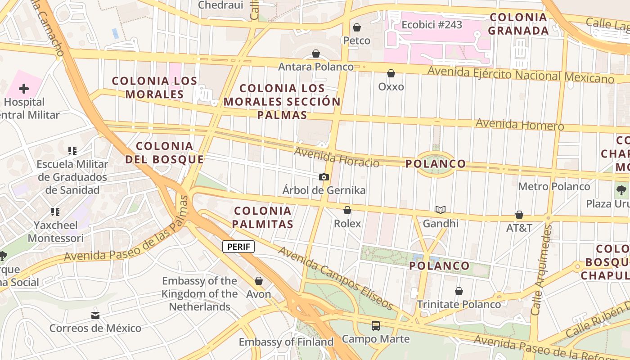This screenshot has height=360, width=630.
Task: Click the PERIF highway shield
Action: [x=238, y=247]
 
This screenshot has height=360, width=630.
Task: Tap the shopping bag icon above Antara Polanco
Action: [x=316, y=54]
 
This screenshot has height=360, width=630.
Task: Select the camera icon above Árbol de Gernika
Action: [x=324, y=177]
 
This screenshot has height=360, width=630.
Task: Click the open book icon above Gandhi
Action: [x=441, y=210]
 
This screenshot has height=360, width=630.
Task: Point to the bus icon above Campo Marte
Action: [x=376, y=325]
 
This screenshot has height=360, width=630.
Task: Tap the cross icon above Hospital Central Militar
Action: [x=24, y=89]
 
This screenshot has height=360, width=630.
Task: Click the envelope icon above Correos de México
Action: [x=95, y=315]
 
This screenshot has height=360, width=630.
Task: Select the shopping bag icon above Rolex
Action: [x=347, y=210]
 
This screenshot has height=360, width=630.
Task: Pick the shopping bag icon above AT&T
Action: [x=519, y=215]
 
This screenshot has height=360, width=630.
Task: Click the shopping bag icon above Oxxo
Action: [x=391, y=73]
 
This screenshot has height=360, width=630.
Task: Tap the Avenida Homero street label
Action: [x=519, y=124]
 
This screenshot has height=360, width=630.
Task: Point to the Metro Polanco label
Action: [x=554, y=186]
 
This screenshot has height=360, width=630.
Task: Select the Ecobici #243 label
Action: [x=432, y=25]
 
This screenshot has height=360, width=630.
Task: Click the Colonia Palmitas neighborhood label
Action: [x=264, y=217]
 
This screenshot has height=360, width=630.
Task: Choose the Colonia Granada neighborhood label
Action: [x=518, y=24]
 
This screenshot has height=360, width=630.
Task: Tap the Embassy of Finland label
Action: [x=286, y=342]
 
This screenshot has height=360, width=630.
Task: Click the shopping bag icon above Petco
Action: [x=357, y=28]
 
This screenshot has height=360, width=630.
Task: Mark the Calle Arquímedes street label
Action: [x=541, y=270]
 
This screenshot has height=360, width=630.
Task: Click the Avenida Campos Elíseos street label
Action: [x=336, y=278]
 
